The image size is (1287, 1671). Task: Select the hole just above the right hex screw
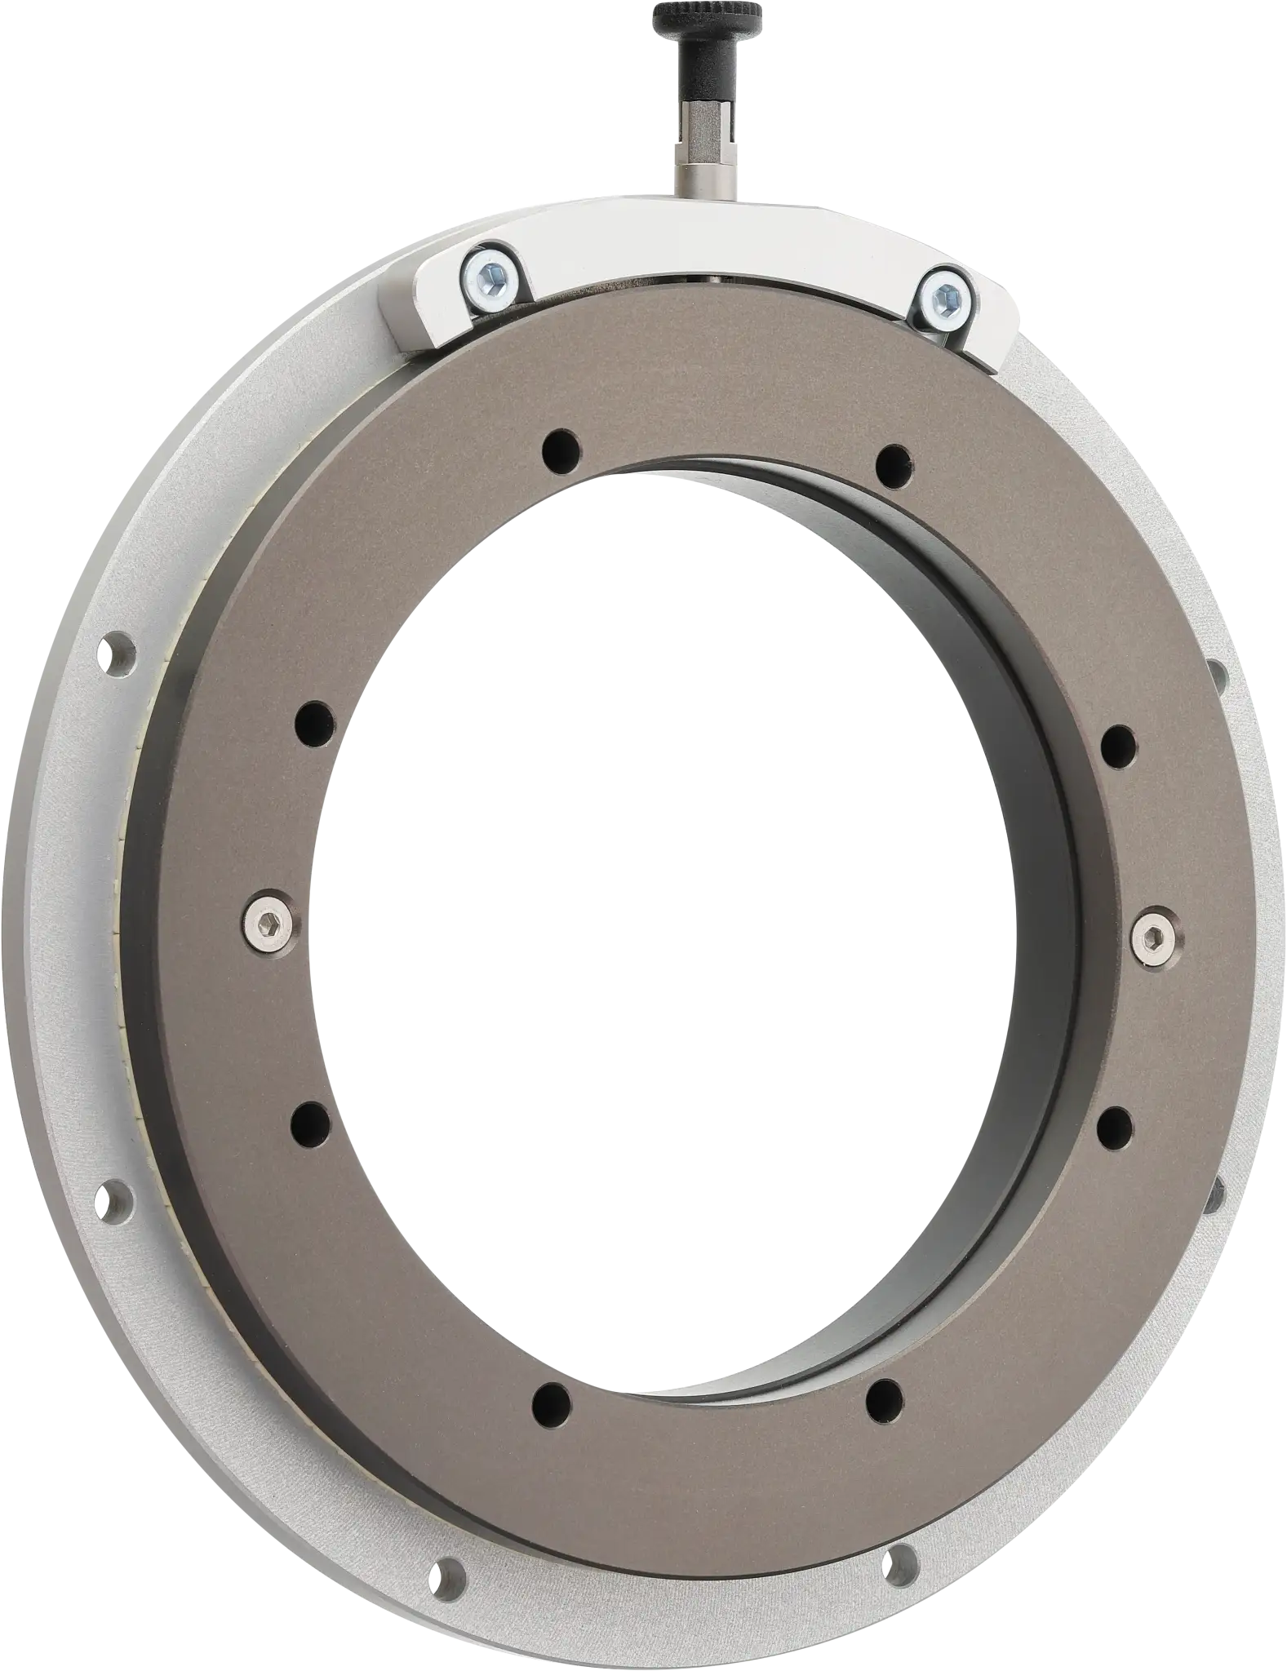click(1119, 743)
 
